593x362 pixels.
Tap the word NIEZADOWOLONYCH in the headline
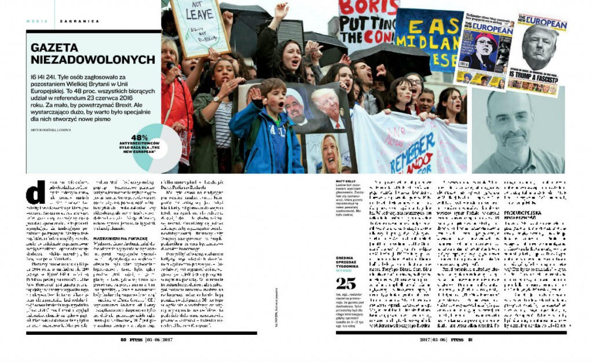tap(93, 59)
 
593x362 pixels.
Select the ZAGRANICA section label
tap(79, 21)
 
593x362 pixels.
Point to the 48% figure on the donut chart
tap(140, 138)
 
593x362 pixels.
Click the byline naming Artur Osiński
tap(50, 130)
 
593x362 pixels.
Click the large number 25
tap(346, 284)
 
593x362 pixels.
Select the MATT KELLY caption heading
tap(347, 181)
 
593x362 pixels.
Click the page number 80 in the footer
tap(123, 340)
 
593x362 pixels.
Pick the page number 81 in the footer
tap(470, 340)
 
